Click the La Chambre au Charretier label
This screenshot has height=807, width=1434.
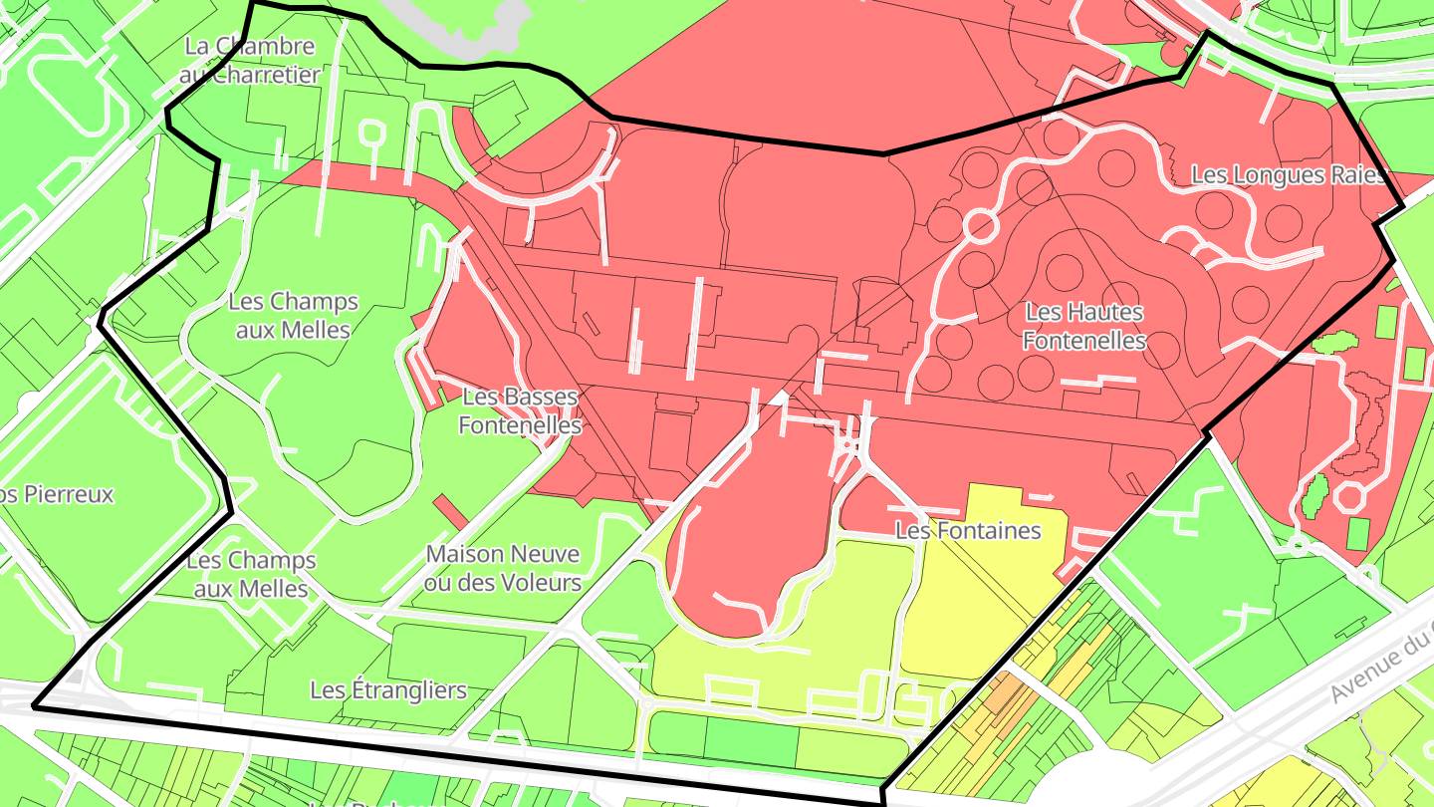(x=250, y=60)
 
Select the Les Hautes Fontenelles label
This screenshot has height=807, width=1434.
(x=1084, y=327)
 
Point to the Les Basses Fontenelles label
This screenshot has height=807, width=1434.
(x=519, y=410)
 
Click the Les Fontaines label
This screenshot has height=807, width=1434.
(x=968, y=531)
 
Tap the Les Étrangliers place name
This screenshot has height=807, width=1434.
(x=388, y=689)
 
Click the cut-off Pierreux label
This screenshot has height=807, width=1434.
(x=57, y=494)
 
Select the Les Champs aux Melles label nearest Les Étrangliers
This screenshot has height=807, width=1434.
(x=251, y=575)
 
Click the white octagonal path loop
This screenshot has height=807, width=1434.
(x=1352, y=495)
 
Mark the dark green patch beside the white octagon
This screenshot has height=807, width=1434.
(x=1314, y=495)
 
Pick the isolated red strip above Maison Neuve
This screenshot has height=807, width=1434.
(x=449, y=511)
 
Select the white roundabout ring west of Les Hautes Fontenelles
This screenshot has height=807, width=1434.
(x=980, y=225)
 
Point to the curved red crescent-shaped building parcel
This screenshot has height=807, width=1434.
(x=538, y=164)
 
